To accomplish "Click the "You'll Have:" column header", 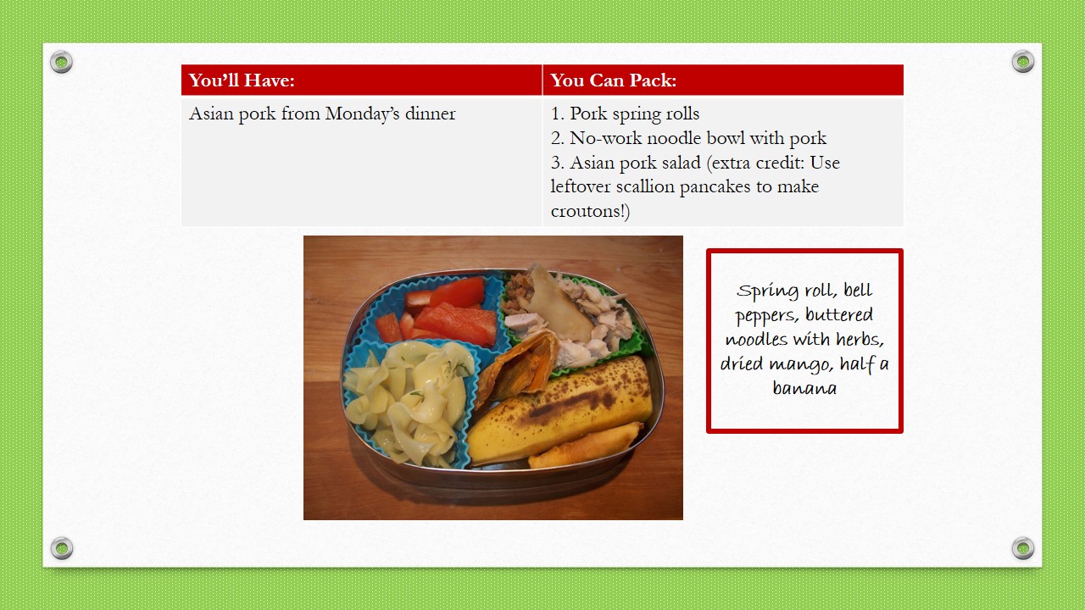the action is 242,80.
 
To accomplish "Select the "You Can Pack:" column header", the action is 613,80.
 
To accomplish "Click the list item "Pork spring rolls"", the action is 625,114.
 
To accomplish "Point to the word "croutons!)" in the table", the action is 590,212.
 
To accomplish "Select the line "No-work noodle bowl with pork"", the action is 688,138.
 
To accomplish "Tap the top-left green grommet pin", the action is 62,62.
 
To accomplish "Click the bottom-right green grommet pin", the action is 1023,548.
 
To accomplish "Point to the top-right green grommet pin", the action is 1023,62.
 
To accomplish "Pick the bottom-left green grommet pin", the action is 62,548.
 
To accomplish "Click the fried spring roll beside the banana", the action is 586,446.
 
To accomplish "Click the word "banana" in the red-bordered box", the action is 804,388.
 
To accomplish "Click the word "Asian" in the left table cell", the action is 211,114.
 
